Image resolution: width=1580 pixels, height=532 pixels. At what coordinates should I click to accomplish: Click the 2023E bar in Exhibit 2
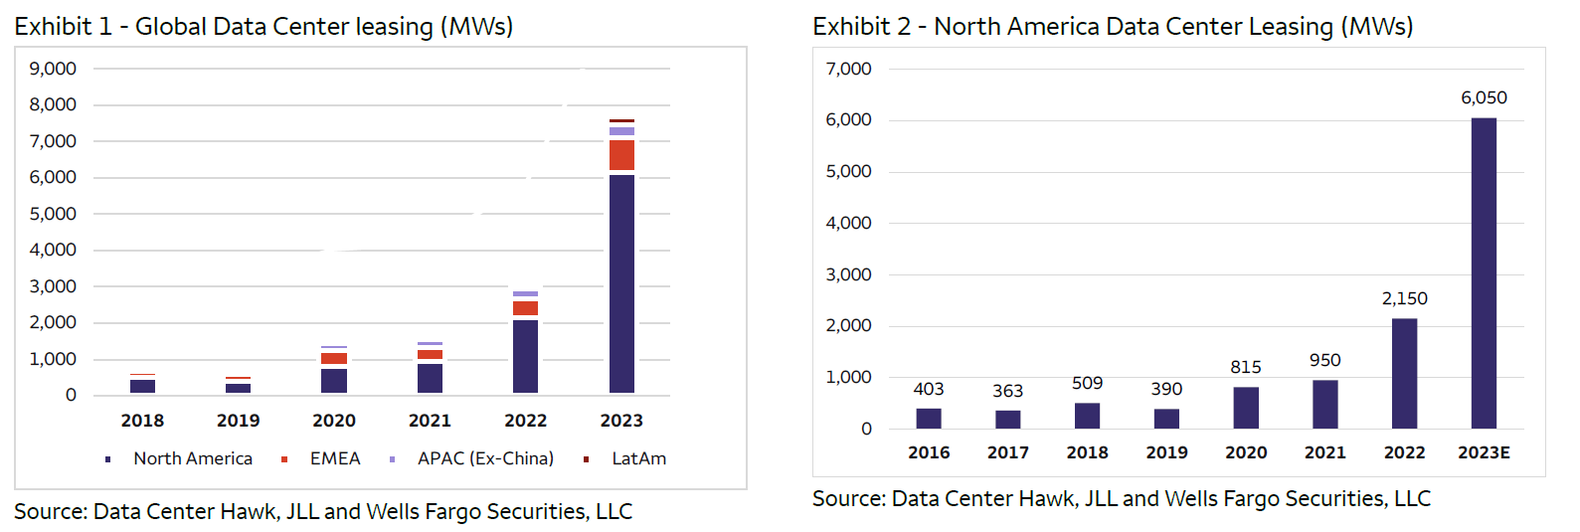[x=1484, y=273]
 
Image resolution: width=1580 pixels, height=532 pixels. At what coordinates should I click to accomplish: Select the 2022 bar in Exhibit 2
[x=1404, y=374]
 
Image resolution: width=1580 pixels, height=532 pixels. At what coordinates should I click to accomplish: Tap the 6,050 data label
[x=1484, y=97]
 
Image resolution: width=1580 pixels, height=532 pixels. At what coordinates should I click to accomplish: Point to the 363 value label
[x=1007, y=391]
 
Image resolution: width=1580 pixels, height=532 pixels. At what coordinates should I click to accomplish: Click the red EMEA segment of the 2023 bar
[x=621, y=155]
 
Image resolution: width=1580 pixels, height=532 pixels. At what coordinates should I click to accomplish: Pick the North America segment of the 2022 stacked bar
[x=525, y=356]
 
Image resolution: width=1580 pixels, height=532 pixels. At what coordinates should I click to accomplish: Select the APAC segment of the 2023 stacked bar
[x=621, y=131]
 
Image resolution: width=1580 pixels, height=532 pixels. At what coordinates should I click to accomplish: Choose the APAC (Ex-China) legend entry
[x=485, y=458]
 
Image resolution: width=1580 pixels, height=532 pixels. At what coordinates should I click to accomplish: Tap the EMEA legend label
[x=335, y=458]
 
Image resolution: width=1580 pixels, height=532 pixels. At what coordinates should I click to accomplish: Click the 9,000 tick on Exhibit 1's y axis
[x=53, y=69]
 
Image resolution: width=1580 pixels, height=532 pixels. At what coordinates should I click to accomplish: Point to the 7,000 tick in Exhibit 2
[x=848, y=69]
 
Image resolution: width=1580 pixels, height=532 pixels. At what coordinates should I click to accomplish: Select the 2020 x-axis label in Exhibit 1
[x=334, y=421]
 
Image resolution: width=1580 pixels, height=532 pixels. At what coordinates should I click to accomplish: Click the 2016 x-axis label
[x=929, y=452]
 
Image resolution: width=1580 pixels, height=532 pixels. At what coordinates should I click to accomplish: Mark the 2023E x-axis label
[x=1484, y=452]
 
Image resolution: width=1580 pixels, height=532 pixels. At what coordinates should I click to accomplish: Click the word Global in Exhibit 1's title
[x=171, y=27]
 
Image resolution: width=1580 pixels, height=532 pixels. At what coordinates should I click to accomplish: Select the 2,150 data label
[x=1404, y=298]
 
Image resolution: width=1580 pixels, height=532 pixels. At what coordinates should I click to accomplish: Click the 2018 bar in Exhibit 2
[x=1087, y=416]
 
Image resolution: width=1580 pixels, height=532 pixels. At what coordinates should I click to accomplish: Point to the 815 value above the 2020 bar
[x=1245, y=367]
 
